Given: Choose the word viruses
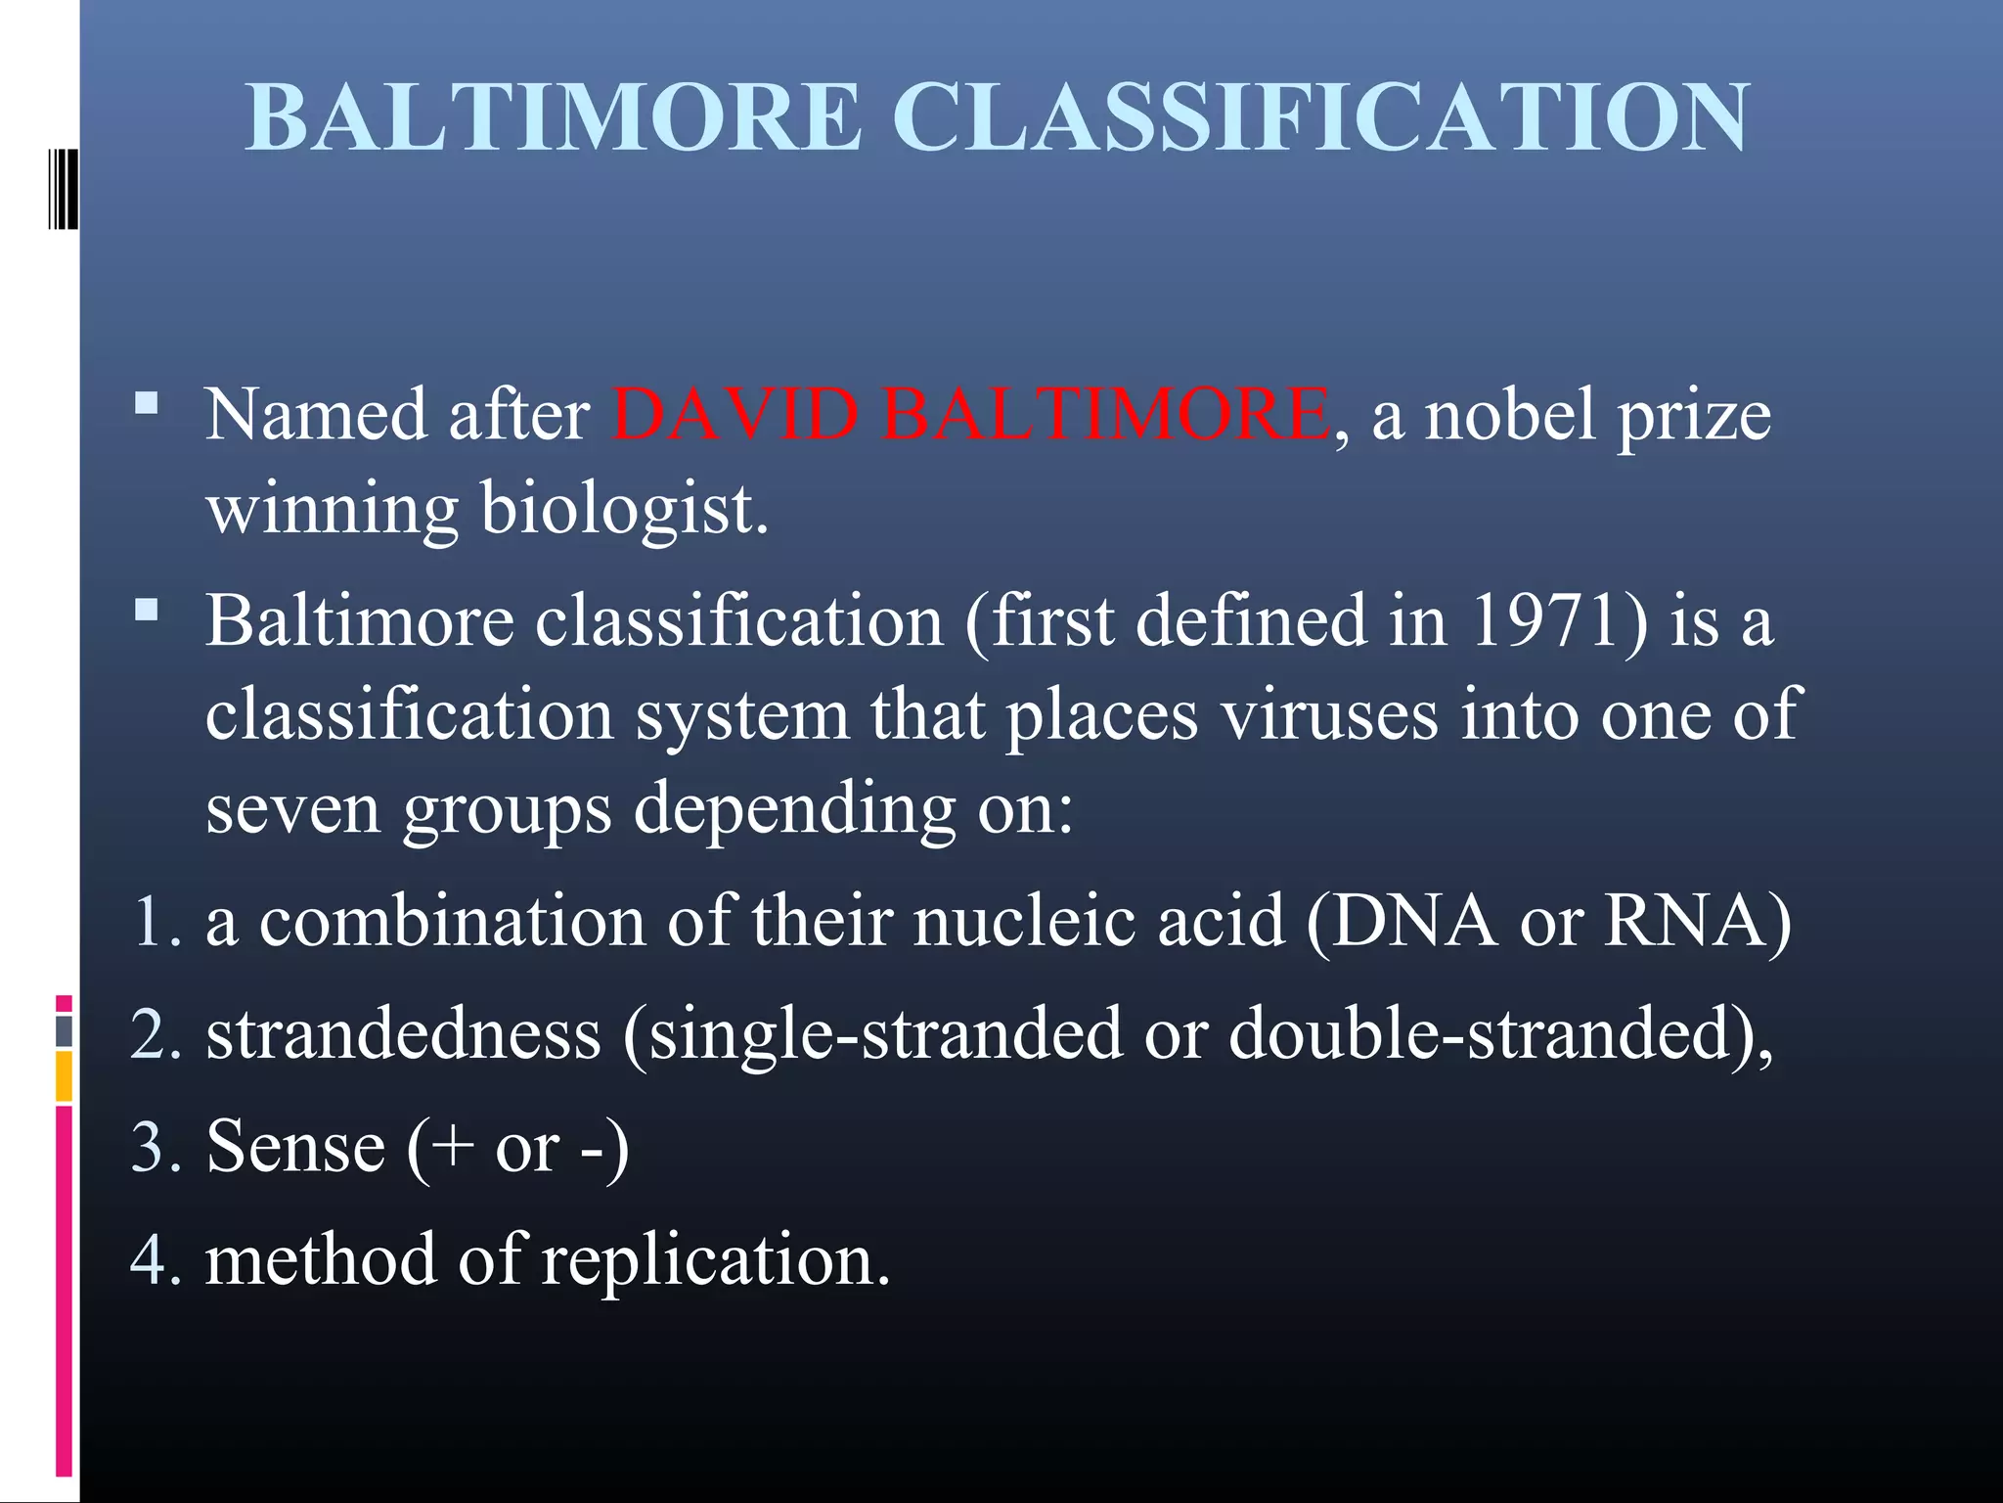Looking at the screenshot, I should click(x=1329, y=714).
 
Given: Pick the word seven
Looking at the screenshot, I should click(x=292, y=810).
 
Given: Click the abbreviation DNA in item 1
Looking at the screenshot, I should click(x=1413, y=922).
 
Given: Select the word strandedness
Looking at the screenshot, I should click(x=403, y=1034).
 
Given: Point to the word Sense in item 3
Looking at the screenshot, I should click(x=295, y=1147).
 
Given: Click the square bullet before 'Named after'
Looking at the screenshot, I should click(x=147, y=404).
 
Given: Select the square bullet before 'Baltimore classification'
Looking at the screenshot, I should click(x=147, y=611).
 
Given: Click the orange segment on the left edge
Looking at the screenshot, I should click(x=64, y=1075).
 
